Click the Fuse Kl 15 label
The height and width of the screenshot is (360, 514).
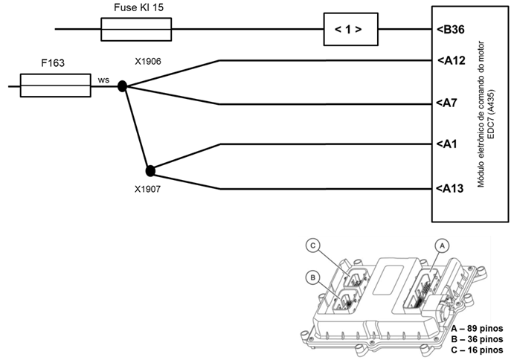(138, 7)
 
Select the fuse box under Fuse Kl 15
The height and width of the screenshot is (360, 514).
(136, 30)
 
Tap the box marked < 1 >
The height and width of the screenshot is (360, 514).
(351, 29)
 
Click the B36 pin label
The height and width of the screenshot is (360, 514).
(451, 30)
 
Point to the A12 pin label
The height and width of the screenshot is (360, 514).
(451, 61)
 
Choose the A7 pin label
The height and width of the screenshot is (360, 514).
(446, 103)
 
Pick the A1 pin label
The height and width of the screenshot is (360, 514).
(446, 144)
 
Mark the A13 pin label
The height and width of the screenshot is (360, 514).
(450, 188)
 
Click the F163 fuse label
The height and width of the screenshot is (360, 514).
(53, 63)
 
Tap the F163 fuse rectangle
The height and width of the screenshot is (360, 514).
(56, 86)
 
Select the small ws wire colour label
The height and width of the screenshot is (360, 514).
(103, 80)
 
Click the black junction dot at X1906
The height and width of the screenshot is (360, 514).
(122, 86)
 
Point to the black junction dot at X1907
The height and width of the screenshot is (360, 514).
(150, 171)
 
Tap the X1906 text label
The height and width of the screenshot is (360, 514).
(148, 61)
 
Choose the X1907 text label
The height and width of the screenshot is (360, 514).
(147, 189)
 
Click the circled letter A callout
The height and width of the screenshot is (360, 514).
(442, 245)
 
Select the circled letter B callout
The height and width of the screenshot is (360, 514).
(312, 277)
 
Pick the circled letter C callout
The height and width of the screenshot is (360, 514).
(312, 245)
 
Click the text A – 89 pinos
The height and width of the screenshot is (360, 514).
(477, 328)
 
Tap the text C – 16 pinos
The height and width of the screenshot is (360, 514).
(477, 350)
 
